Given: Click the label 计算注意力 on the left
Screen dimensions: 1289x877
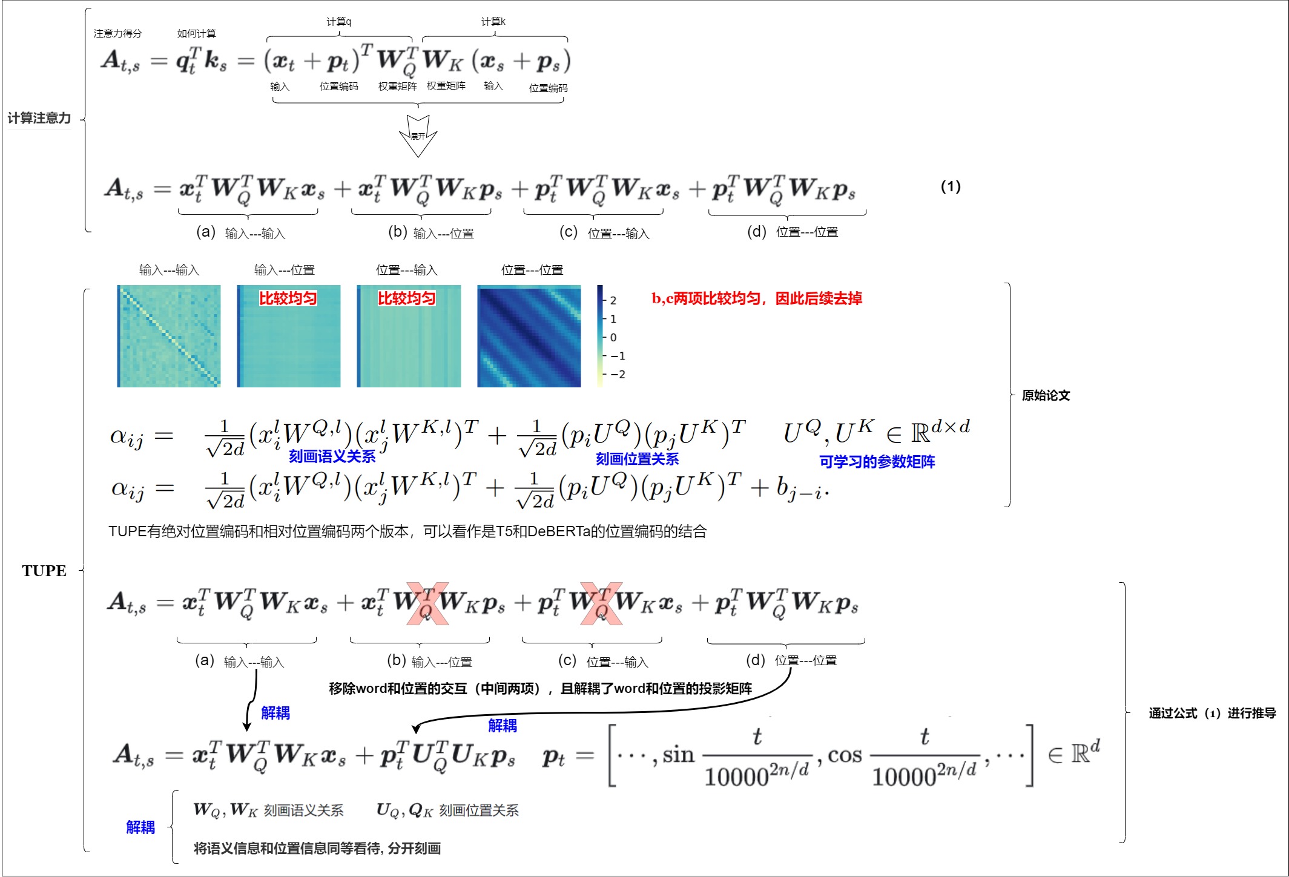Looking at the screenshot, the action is click(x=39, y=118).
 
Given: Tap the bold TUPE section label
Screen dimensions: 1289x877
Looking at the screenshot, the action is click(x=44, y=571).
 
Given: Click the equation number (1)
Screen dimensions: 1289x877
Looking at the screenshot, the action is click(x=951, y=186).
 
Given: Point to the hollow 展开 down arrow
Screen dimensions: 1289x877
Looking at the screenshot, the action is click(x=418, y=136).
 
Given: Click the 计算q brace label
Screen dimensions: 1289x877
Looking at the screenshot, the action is click(x=339, y=22).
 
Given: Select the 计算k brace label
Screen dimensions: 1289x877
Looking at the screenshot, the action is click(x=493, y=22).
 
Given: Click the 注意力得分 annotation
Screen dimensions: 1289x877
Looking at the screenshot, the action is click(x=117, y=33).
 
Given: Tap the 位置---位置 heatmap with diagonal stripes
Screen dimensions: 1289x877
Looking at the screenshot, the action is click(x=529, y=336).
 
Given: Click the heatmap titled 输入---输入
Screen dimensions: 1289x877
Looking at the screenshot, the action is click(x=169, y=336).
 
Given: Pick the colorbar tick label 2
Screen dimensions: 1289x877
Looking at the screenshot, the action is click(x=613, y=301).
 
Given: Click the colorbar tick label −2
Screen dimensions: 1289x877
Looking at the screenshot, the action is click(x=618, y=375).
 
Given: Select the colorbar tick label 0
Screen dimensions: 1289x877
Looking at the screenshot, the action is click(x=613, y=338).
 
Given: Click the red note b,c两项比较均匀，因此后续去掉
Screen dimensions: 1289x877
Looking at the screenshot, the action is click(x=757, y=298).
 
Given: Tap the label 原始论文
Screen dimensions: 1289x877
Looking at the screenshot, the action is click(x=1046, y=396).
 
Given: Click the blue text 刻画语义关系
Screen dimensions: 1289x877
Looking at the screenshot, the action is click(x=332, y=456).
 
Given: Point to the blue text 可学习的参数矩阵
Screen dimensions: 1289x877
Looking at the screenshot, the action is click(x=877, y=462).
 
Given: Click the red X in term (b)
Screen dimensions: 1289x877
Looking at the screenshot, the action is click(x=427, y=603).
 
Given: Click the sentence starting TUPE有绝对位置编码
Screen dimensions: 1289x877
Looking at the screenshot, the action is click(x=407, y=531).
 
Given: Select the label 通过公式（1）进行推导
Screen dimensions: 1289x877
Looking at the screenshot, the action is click(x=1212, y=713).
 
